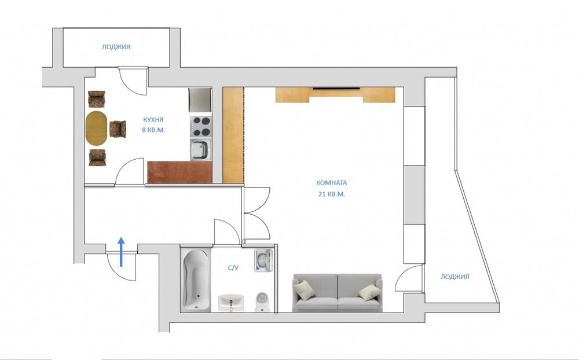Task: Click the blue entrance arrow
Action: coord(121,252)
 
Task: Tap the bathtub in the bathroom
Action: coord(196,280)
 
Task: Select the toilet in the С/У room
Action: coord(262,302)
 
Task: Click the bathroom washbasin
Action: coord(231,302)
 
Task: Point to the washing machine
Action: coord(263,260)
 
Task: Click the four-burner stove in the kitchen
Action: coord(201,127)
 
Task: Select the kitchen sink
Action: coord(201,149)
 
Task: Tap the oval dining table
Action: coord(96,128)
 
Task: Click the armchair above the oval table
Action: coord(96,99)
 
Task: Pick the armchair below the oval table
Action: coord(97,157)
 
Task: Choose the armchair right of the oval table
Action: coord(118,129)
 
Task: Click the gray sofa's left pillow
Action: coord(305,290)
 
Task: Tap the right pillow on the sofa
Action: coord(369,293)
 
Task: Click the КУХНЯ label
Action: coord(153,120)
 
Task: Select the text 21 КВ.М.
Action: coord(332,194)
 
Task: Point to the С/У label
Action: coord(233,268)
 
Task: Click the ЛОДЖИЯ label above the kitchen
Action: coord(116,47)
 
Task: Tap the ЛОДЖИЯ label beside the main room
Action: coord(455,277)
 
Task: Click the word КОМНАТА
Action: coord(332,183)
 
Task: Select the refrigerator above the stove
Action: coord(200,100)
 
